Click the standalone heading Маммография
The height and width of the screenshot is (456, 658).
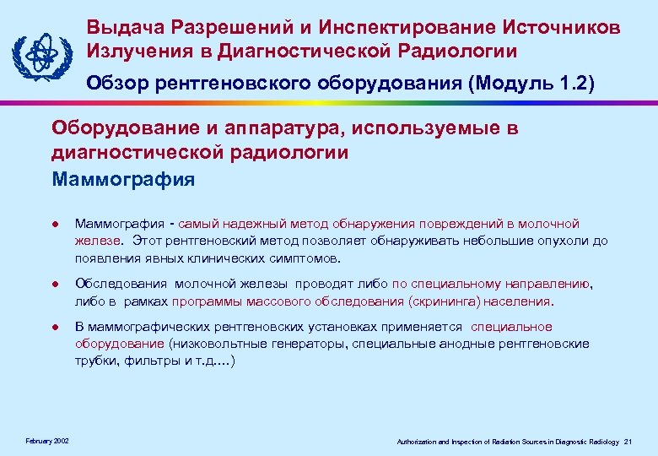pos(123,179)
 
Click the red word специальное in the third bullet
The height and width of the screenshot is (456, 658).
pos(511,327)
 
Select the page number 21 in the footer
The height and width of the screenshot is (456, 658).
pos(628,442)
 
